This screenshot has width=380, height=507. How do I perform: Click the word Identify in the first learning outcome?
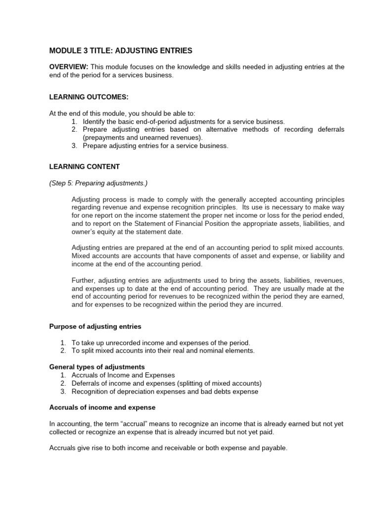tap(95, 121)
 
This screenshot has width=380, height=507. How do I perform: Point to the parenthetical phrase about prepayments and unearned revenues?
tap(143, 137)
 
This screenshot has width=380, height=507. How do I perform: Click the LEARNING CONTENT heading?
tap(84, 167)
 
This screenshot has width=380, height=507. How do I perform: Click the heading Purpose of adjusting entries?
tap(95, 326)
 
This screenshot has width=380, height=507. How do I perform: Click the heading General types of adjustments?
tap(97, 367)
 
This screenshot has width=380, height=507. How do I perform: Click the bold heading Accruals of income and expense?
tap(102, 407)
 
